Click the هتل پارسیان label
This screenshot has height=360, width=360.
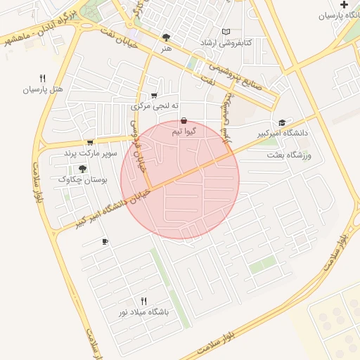43,90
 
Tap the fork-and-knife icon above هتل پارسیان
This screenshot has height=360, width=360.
43,79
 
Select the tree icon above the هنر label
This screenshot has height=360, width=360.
166,38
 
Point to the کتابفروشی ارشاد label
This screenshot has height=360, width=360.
226,43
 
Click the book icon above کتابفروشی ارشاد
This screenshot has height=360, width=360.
226,32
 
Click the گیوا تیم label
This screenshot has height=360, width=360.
184,131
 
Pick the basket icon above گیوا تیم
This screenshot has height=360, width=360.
184,120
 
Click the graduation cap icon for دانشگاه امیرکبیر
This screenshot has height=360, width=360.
282,122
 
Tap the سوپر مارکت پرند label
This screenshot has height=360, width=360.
89,153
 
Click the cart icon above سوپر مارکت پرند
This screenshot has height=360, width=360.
89,142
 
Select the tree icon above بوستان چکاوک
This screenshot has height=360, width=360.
83,169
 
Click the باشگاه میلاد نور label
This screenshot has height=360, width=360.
144,312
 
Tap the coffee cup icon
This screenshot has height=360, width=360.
105,242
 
